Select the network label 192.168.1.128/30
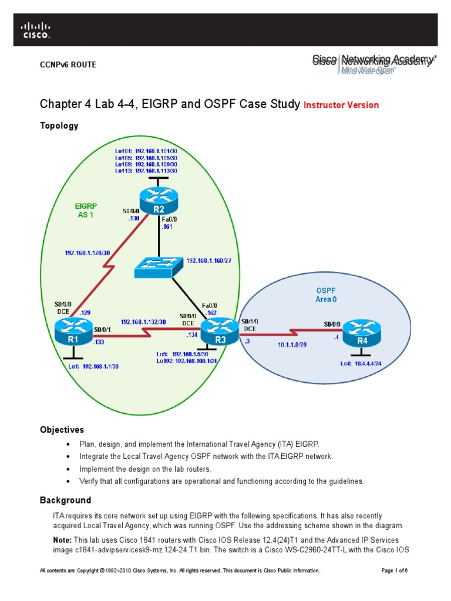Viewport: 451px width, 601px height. tap(87, 253)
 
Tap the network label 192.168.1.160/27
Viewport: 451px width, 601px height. tap(213, 260)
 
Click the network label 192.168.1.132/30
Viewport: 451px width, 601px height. tap(144, 322)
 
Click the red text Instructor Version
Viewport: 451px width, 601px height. tap(341, 105)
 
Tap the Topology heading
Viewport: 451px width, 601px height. tap(59, 126)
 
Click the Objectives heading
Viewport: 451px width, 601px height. tap(62, 430)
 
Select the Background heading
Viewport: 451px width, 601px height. tap(65, 500)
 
